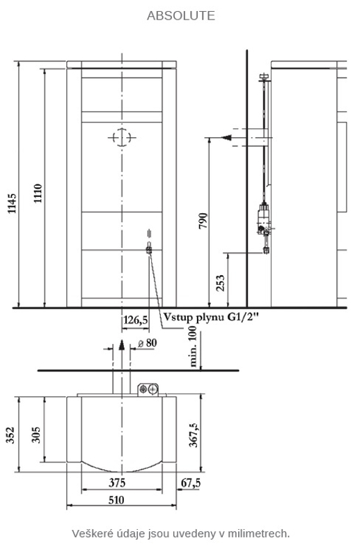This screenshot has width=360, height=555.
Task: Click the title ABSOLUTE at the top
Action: coord(181,15)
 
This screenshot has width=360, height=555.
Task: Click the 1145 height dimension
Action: coord(12,203)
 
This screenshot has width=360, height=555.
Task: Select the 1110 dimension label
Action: coord(38,194)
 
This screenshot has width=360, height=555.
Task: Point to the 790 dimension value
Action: coord(203,221)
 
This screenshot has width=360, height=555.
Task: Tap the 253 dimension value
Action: coord(220,283)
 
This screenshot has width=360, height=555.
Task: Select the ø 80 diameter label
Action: coord(147,343)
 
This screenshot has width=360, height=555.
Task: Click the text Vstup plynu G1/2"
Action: coord(211,317)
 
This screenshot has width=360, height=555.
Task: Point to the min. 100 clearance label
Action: coord(193,347)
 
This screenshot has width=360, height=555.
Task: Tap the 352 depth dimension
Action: coord(10,435)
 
